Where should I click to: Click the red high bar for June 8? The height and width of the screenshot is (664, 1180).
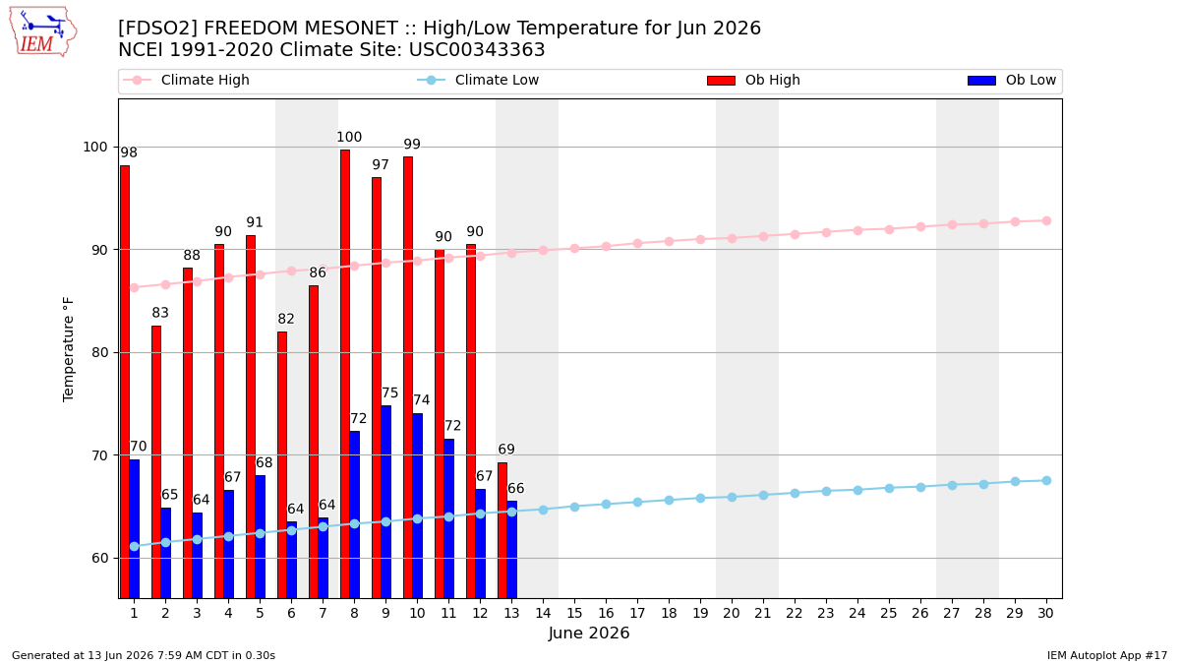click(x=345, y=374)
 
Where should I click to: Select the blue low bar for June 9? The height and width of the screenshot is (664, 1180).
click(x=386, y=502)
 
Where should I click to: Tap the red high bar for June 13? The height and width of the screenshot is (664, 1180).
click(x=502, y=530)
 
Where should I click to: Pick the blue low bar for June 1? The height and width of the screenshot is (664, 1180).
click(x=135, y=529)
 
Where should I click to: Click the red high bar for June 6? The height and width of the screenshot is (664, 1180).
click(x=282, y=464)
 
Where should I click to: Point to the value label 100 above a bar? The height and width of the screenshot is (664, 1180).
click(x=349, y=138)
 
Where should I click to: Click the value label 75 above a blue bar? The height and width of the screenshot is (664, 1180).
click(x=389, y=393)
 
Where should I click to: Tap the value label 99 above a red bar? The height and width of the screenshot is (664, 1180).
click(x=412, y=145)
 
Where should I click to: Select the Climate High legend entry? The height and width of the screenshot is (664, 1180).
click(x=187, y=80)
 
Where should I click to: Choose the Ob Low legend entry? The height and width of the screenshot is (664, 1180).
click(x=1012, y=80)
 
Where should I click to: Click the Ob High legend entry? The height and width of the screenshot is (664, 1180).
click(x=754, y=80)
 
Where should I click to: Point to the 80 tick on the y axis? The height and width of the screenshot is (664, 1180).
click(x=100, y=352)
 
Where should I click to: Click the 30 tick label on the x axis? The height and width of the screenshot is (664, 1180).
click(x=1045, y=613)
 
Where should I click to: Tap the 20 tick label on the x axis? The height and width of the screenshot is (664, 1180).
click(x=732, y=613)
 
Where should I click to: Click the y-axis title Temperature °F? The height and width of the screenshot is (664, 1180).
click(x=69, y=349)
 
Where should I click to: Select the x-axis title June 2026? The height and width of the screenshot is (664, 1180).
click(x=589, y=633)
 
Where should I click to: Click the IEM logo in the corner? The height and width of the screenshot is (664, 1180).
click(x=43, y=31)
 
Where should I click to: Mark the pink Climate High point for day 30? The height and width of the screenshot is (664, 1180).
click(x=1046, y=220)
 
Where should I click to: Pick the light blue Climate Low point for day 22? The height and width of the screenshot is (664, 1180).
click(x=795, y=493)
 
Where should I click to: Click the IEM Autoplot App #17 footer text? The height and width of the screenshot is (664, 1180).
click(x=1107, y=655)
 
